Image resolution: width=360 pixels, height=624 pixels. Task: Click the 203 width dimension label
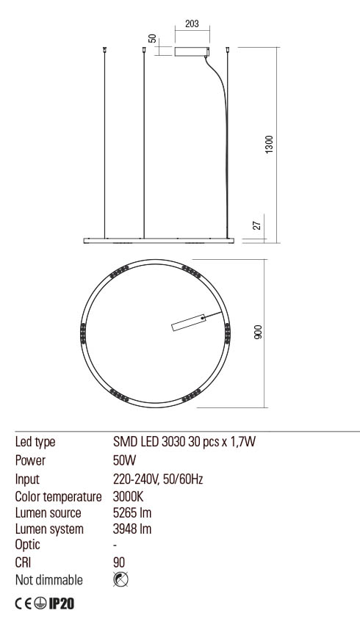(192, 24)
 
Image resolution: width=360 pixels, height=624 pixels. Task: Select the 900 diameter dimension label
(258, 333)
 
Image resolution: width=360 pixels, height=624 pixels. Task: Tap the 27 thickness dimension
(258, 225)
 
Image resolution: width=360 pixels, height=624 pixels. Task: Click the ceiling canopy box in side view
(193, 51)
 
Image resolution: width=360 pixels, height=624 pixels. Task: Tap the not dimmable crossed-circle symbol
(122, 580)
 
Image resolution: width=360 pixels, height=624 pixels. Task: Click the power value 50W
(124, 461)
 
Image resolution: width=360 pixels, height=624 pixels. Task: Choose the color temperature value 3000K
(128, 496)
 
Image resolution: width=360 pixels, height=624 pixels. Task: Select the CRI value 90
(120, 563)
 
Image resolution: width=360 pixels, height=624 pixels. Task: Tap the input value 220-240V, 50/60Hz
(157, 479)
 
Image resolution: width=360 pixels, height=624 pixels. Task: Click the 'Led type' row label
(35, 443)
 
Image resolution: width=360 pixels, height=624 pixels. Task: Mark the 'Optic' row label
(28, 545)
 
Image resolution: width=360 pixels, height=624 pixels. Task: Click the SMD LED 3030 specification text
(183, 443)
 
